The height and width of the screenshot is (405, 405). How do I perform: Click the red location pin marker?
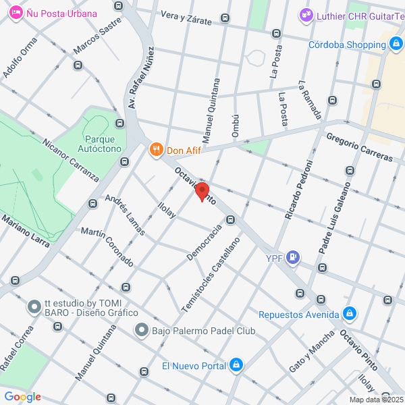coord(202,191)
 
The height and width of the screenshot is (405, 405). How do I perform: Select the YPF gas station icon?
coord(292,256)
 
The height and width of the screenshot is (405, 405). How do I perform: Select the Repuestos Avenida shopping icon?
coord(349,314)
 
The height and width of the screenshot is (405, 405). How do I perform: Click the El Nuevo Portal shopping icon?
coord(236,366)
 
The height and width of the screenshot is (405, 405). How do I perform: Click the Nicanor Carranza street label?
coord(70,160)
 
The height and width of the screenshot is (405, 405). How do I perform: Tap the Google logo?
coord(22,397)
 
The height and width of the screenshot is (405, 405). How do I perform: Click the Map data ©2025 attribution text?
coord(375,400)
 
